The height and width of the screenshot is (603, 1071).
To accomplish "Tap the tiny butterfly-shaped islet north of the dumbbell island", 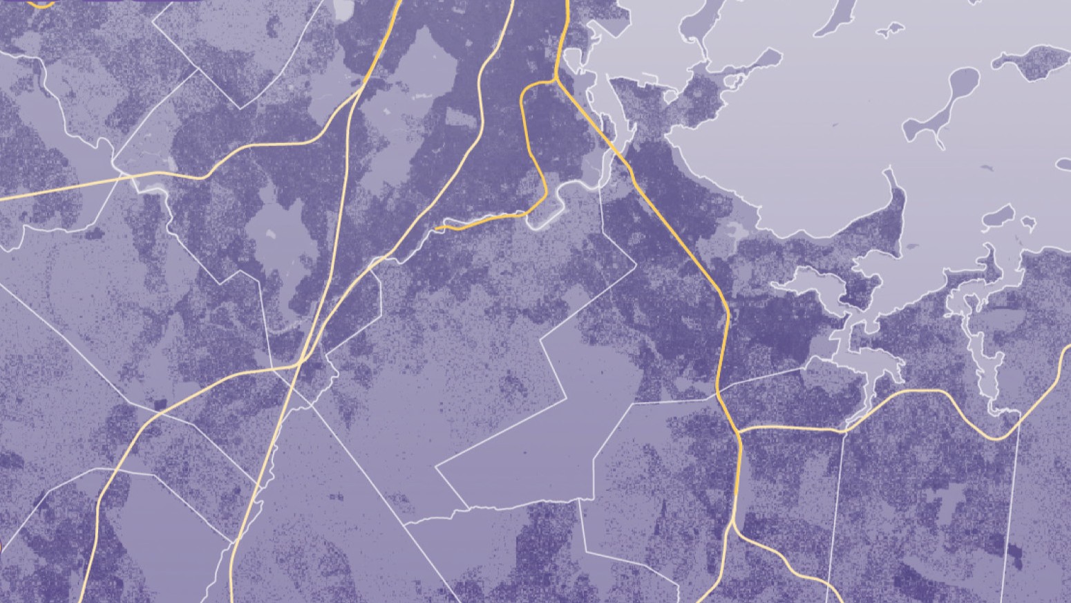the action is (889, 29).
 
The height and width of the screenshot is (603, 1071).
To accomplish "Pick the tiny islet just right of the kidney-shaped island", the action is (1028, 223).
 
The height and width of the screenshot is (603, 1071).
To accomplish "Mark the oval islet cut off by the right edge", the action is (1065, 165).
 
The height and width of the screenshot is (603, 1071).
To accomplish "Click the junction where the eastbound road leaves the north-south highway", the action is (738, 429).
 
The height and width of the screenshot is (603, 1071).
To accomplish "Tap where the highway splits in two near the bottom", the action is (732, 526).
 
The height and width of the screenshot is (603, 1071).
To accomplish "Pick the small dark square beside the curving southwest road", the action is (161, 404).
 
